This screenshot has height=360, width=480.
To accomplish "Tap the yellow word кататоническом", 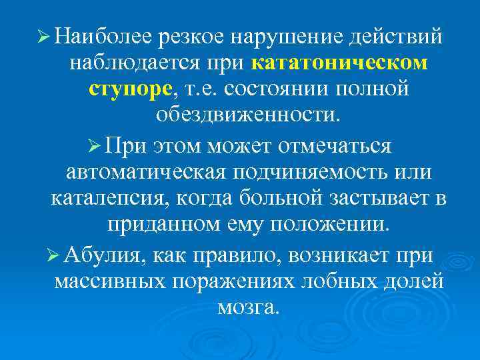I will pyautogui.click(x=340, y=62).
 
